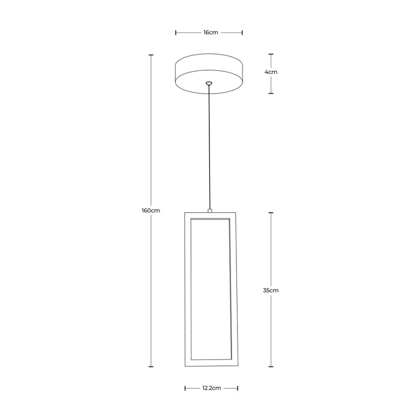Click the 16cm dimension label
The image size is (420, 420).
click(x=210, y=32)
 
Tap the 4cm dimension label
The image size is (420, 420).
click(x=271, y=72)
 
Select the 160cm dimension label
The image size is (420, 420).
click(x=151, y=211)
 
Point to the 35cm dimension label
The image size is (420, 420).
click(x=271, y=290)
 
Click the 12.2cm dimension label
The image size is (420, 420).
click(x=211, y=388)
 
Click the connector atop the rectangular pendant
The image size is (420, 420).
click(x=209, y=210)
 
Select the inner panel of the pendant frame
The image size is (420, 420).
click(x=210, y=291)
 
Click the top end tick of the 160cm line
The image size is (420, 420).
click(x=151, y=55)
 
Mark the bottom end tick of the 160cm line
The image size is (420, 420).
click(x=151, y=366)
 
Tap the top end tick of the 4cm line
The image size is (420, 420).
click(x=271, y=54)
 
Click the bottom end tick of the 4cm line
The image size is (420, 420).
click(x=271, y=93)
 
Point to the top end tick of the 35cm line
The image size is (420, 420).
click(x=271, y=212)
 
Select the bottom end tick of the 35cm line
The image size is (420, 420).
click(x=271, y=366)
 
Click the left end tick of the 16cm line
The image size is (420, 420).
click(x=176, y=32)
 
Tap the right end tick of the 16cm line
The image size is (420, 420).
click(x=242, y=32)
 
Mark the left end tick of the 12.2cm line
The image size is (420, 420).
click(x=185, y=388)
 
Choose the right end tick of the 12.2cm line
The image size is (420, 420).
click(x=236, y=388)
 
